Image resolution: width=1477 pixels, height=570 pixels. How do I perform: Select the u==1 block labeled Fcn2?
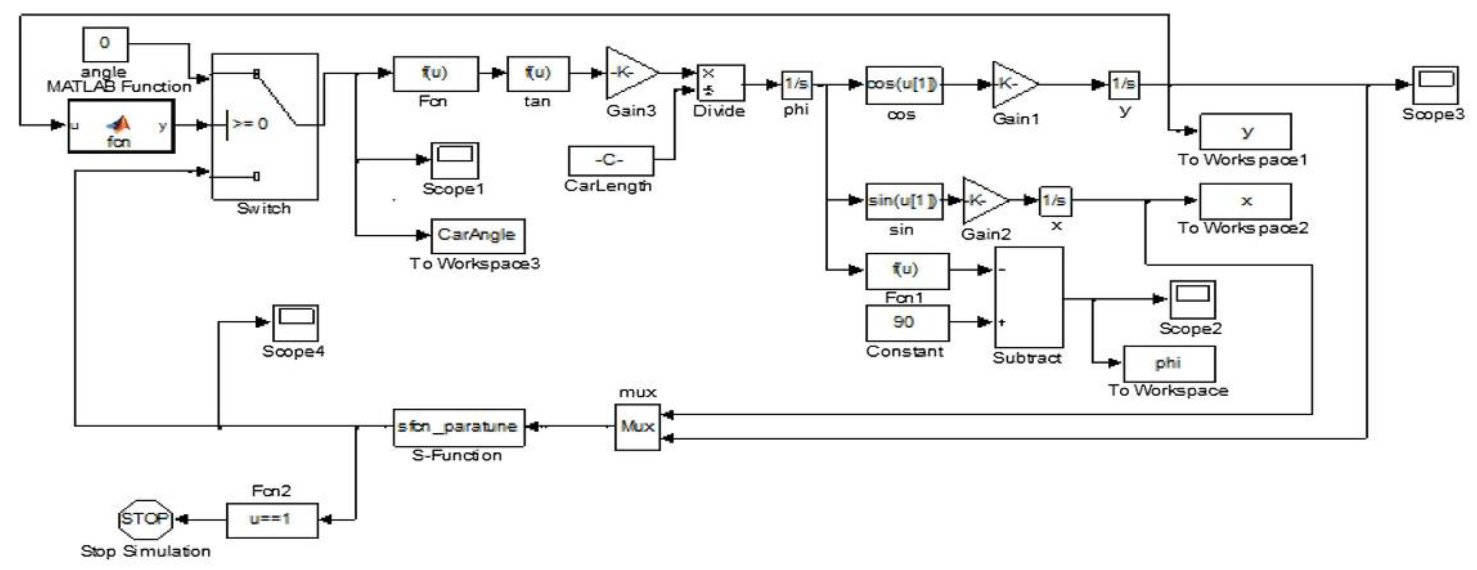[272, 520]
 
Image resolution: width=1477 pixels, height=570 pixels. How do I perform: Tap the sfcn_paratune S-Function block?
[458, 427]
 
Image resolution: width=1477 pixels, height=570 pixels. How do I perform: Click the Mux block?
[637, 427]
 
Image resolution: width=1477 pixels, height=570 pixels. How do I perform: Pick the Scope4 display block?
[295, 323]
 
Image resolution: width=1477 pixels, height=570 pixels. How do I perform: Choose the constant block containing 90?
[906, 323]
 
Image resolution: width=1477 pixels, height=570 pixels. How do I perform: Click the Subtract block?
[1028, 297]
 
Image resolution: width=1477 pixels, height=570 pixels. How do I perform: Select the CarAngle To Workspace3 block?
[477, 235]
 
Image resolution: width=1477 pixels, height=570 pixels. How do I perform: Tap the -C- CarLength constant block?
[610, 161]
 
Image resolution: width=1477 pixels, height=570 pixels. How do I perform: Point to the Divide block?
[720, 83]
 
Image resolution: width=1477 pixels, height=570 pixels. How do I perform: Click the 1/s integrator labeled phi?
[796, 84]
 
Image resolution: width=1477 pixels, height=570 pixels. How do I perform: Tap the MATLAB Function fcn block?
[121, 126]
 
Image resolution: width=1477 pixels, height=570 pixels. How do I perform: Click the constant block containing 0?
[105, 44]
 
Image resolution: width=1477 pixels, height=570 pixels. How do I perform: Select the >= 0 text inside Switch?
[250, 124]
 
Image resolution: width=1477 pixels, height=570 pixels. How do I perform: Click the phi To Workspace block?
[1168, 364]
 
